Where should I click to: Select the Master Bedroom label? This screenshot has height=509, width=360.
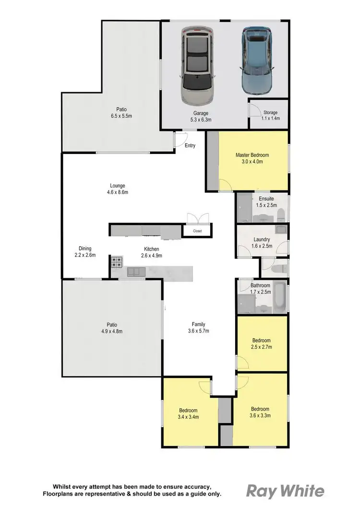(252, 155)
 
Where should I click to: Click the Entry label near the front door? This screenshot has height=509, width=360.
(190, 145)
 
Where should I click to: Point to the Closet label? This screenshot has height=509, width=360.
(198, 231)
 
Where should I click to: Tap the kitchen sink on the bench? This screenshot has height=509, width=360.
(136, 272)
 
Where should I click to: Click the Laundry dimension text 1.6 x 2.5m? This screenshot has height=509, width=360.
(262, 246)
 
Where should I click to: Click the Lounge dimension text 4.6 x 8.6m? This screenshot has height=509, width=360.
(118, 192)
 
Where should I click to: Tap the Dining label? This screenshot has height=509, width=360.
(85, 249)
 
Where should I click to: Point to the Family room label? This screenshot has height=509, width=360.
(199, 325)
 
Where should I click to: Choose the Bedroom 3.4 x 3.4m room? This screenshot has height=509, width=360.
(188, 414)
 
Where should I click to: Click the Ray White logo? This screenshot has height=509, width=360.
(285, 491)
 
